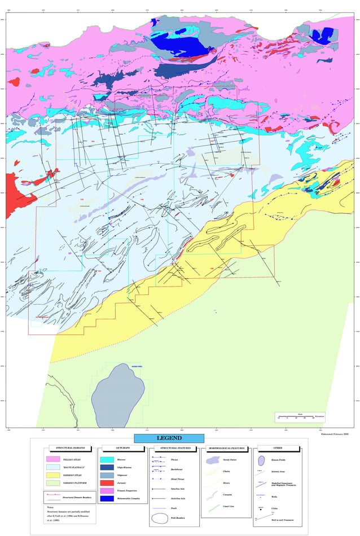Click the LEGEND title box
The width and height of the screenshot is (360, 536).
(169, 438)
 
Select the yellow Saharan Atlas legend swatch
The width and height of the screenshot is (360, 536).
(58, 475)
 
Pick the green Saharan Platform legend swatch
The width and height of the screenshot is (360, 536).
(58, 482)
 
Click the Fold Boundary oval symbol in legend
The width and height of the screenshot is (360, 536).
(160, 517)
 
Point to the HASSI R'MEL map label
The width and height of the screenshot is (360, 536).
(124, 367)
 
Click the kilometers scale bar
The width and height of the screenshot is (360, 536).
(294, 418)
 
